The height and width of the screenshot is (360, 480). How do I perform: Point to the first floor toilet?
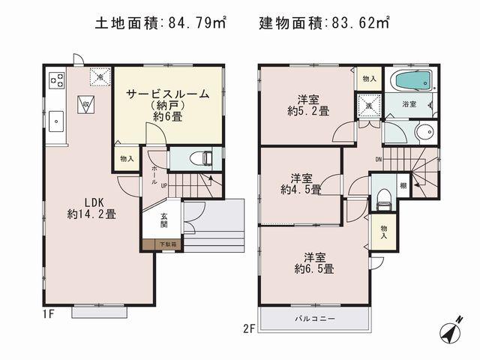tap(199, 158)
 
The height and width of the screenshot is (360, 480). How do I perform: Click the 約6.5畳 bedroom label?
tap(315, 262)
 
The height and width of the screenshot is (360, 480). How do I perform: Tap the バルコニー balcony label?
tap(315, 318)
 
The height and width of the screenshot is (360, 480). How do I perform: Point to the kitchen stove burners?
tap(56, 79)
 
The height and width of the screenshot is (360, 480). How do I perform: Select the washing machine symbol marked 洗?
tap(368, 105)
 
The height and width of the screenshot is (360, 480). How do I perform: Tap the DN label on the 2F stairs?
tap(379, 158)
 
